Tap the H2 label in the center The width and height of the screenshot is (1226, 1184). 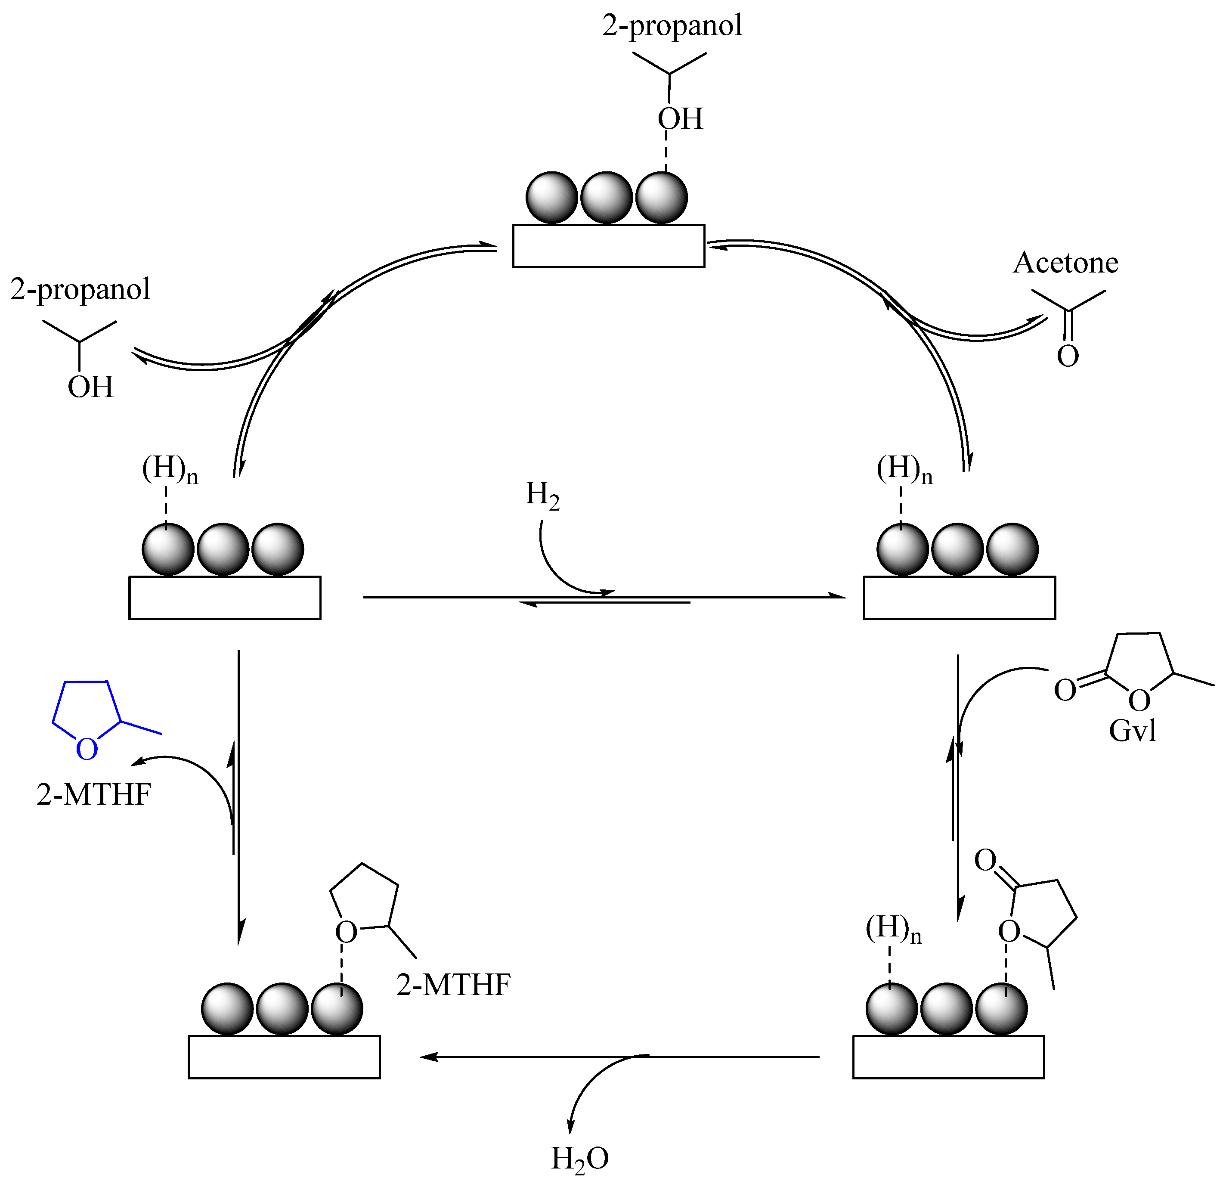click(x=542, y=495)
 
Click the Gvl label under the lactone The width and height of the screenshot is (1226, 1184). click(x=1132, y=731)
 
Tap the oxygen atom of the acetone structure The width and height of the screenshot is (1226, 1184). click(x=1068, y=356)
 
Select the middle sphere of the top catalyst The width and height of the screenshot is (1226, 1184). click(x=606, y=198)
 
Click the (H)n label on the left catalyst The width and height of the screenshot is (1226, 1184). click(x=169, y=469)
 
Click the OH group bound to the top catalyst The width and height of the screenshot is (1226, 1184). click(x=680, y=119)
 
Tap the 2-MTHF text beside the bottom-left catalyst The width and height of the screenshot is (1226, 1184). click(x=453, y=985)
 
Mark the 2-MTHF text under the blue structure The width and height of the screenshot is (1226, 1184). click(x=94, y=795)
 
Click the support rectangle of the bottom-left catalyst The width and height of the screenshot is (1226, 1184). click(x=284, y=1057)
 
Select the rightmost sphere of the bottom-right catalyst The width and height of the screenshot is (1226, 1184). click(x=1001, y=1008)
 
